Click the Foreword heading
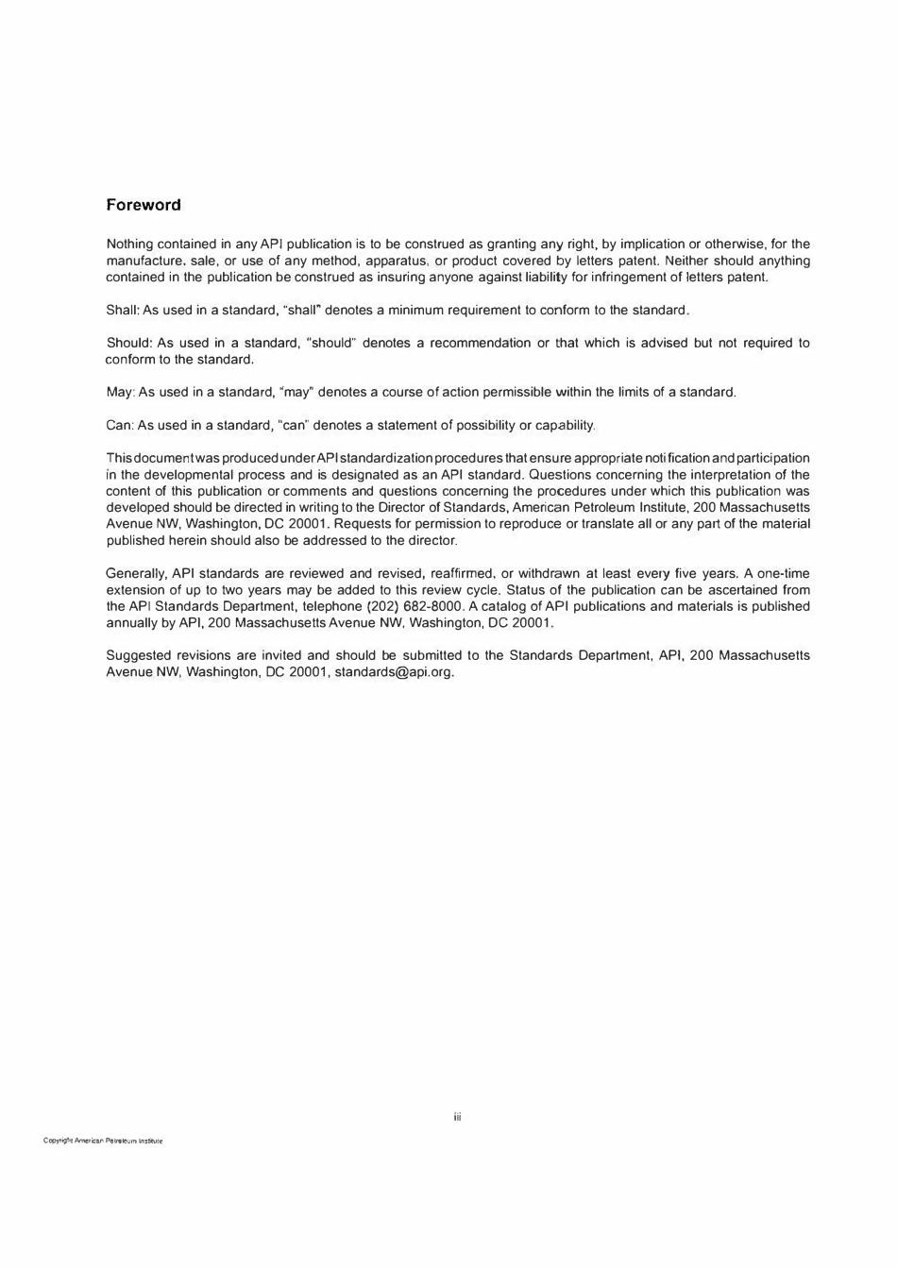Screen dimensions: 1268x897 (144, 205)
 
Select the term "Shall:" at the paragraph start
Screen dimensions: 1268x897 (123, 311)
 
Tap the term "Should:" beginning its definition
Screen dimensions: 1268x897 (127, 344)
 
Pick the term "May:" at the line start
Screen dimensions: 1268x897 (120, 393)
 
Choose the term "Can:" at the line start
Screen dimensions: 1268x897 (120, 426)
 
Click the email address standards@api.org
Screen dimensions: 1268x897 (395, 672)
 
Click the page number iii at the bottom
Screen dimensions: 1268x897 (457, 1118)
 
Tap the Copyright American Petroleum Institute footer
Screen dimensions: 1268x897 (103, 1141)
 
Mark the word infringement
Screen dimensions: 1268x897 (627, 278)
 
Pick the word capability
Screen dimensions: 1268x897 (564, 426)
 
